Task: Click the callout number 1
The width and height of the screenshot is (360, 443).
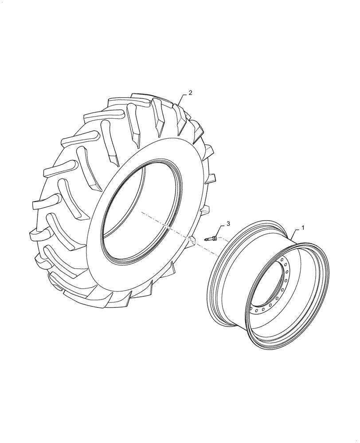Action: (x=303, y=227)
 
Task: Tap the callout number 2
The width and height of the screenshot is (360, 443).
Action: (x=190, y=93)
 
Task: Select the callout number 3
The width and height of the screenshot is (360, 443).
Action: (x=228, y=225)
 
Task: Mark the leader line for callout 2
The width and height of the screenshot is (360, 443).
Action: (x=183, y=98)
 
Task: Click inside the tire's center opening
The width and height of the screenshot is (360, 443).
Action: (x=133, y=208)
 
